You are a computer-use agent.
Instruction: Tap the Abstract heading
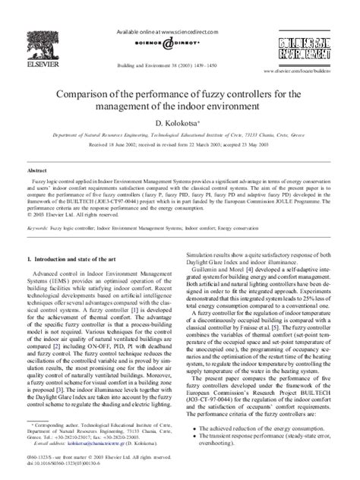[x=38, y=172]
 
